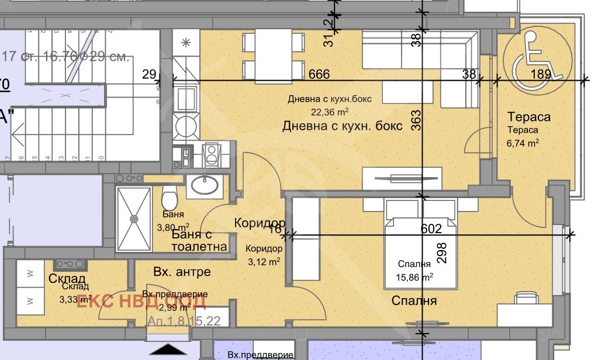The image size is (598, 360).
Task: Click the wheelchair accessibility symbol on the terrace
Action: [x=537, y=57]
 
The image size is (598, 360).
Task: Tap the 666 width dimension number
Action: [x=319, y=74]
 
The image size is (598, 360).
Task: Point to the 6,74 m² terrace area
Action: [x=523, y=142]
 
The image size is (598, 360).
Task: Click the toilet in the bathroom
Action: [x=170, y=199]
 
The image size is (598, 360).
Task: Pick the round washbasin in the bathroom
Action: [x=205, y=185]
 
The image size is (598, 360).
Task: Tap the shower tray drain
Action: [x=134, y=219]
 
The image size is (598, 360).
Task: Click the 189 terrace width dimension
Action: [x=541, y=74]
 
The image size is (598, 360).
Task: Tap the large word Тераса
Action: [x=528, y=117]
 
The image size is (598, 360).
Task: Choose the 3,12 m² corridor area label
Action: [x=262, y=261]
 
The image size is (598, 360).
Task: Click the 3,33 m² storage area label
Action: [x=75, y=299]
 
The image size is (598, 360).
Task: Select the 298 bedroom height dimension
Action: [x=442, y=253]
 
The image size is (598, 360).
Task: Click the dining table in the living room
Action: [x=274, y=54]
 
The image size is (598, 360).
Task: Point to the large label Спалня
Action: [x=414, y=301]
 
